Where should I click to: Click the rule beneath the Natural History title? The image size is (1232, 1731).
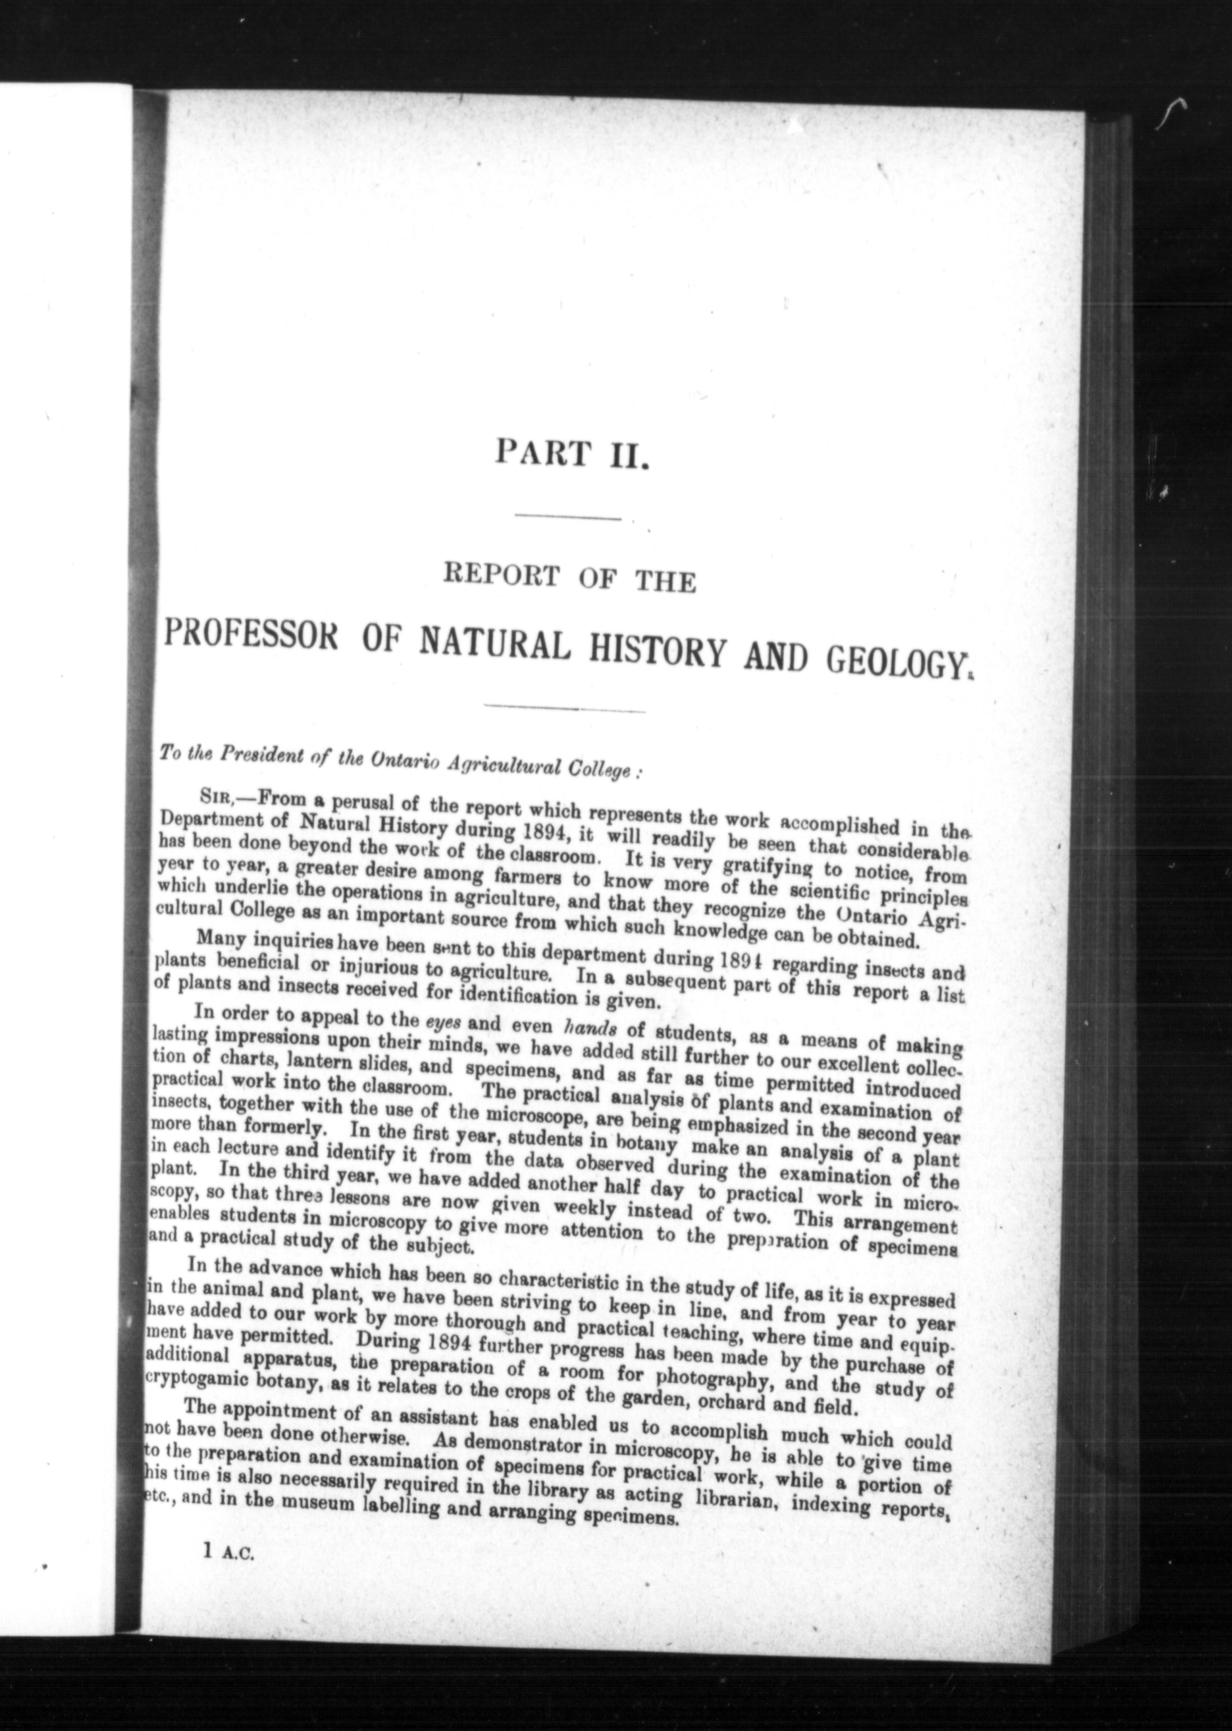click(565, 710)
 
